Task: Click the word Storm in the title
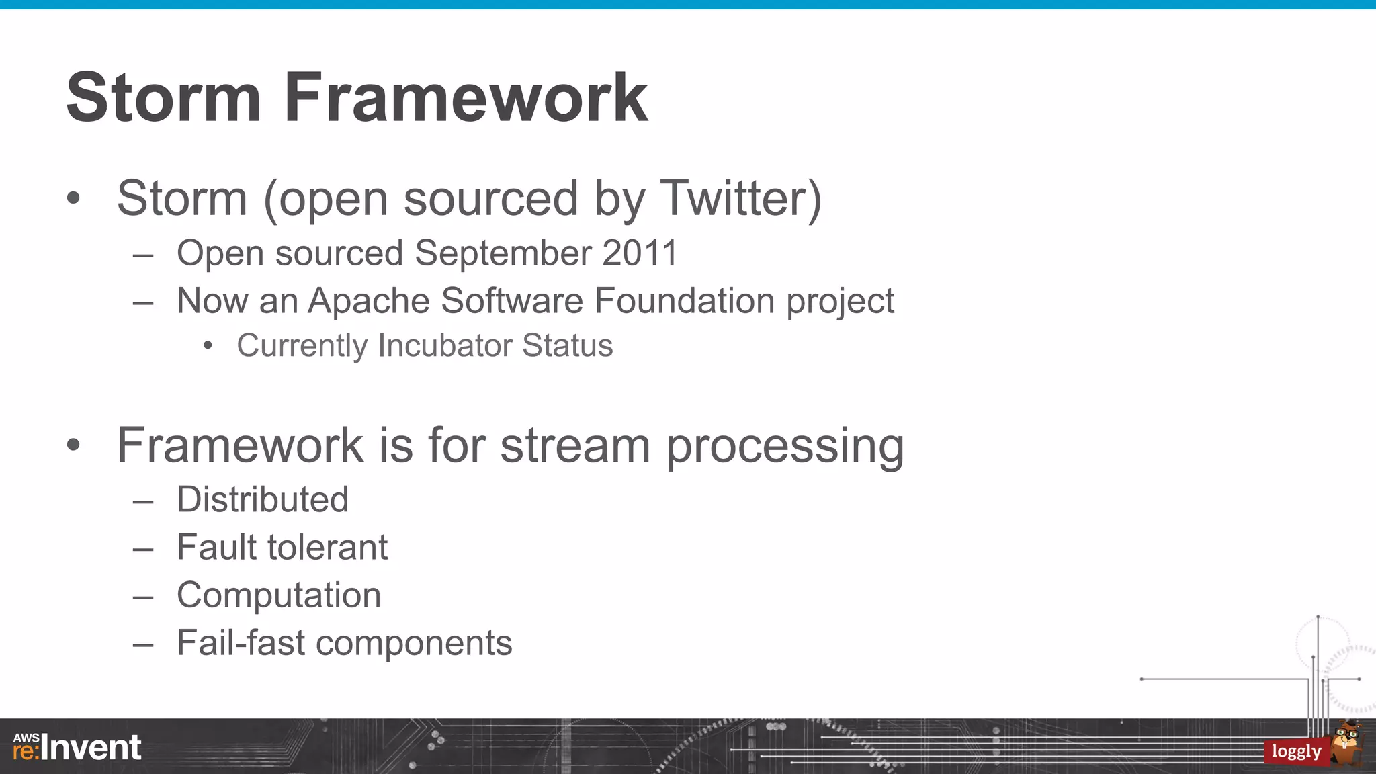[x=163, y=98]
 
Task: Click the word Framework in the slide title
[x=466, y=98]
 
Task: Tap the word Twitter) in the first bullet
[x=740, y=199]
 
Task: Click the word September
[x=503, y=253]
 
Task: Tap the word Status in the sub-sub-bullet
[x=567, y=345]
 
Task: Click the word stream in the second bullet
[x=575, y=445]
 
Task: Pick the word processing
[x=785, y=447]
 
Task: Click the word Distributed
[x=263, y=500]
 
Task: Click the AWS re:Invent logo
[x=77, y=747]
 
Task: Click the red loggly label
[x=1296, y=751]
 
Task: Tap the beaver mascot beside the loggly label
[x=1348, y=742]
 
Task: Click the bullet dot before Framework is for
[x=73, y=445]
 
